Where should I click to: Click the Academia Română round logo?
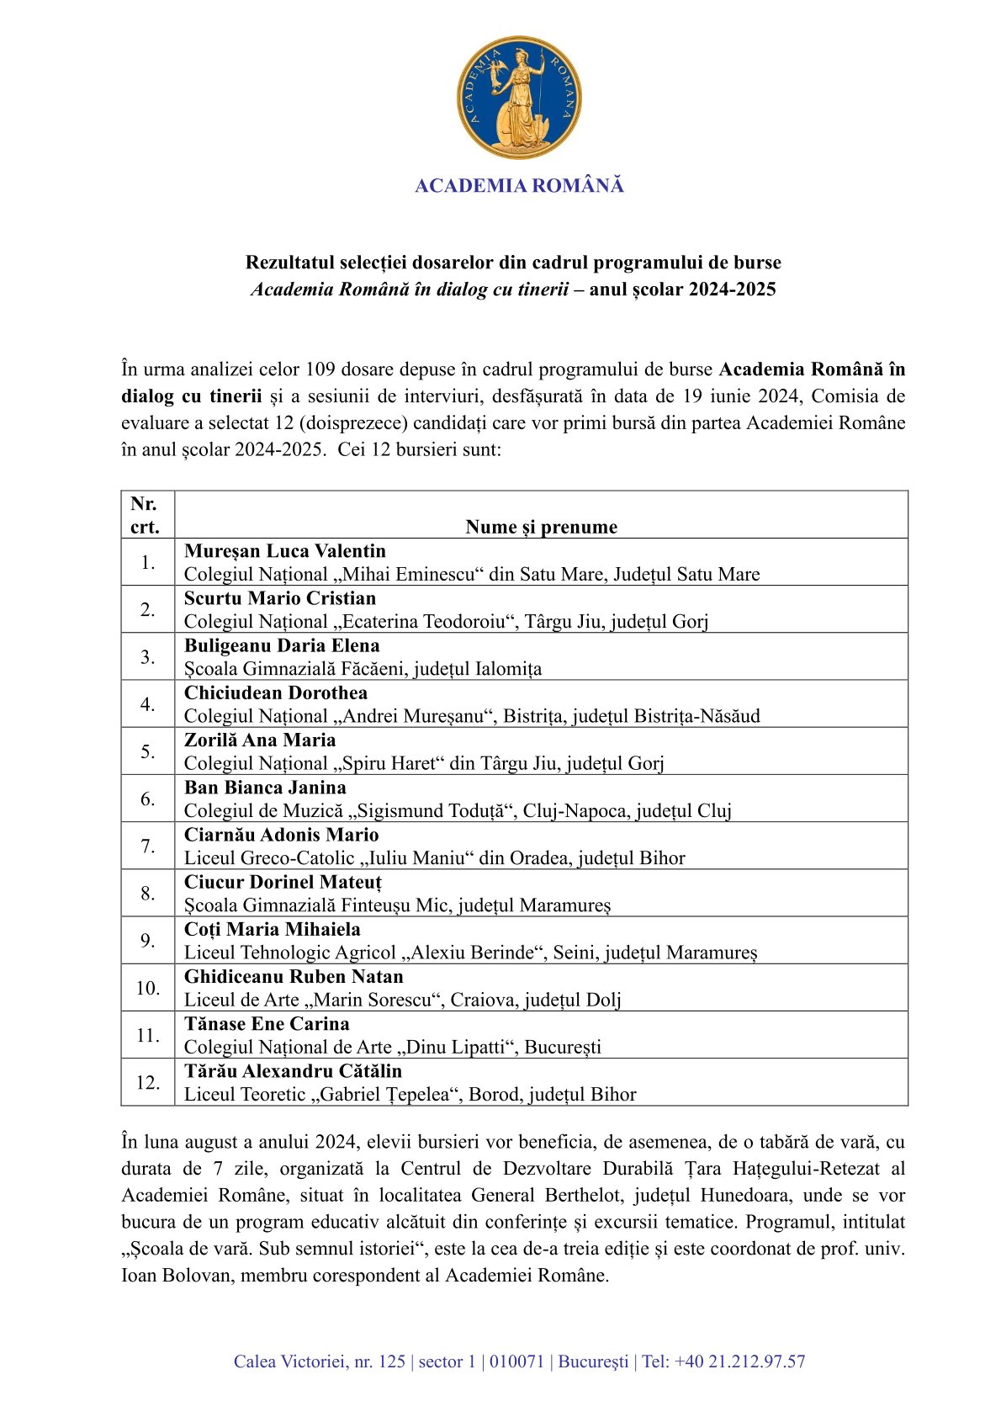point(519,97)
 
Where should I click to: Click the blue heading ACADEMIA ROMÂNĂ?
point(519,186)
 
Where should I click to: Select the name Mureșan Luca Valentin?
point(285,551)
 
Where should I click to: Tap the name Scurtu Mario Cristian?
point(280,598)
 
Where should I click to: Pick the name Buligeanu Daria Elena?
point(282,645)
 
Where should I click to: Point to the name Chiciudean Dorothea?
point(276,693)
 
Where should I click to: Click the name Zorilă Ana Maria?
point(260,740)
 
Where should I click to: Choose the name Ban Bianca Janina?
point(265,788)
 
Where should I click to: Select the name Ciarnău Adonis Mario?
point(281,835)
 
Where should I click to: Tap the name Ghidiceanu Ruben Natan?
point(294,976)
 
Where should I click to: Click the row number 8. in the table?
point(148,893)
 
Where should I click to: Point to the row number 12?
point(148,1082)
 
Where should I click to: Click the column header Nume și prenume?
point(541,527)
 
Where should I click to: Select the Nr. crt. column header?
point(145,515)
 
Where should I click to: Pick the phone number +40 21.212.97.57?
point(739,1361)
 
